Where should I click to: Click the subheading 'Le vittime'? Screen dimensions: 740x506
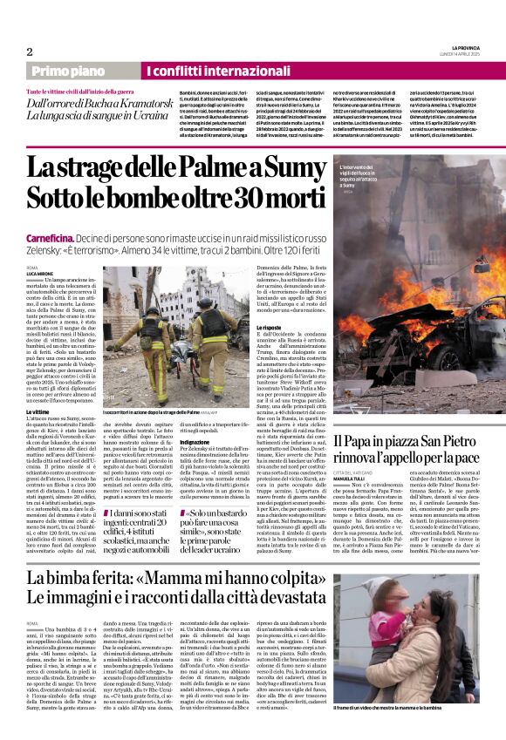coord(62,411)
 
